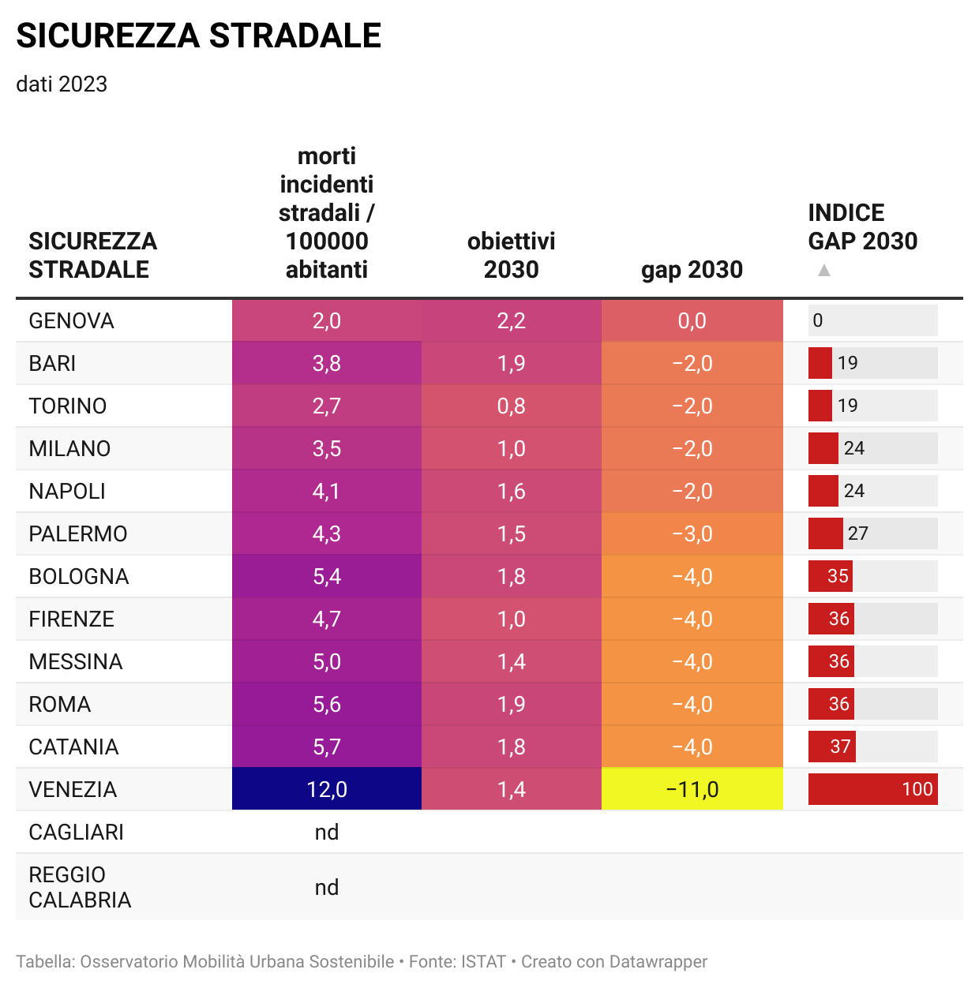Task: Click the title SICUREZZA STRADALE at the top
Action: pos(198,36)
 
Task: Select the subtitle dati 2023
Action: pos(62,84)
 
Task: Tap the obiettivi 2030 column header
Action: pos(511,255)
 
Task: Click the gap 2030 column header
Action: pos(692,270)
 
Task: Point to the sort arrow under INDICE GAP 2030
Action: pos(824,271)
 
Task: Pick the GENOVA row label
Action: pos(72,321)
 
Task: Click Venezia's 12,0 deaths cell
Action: pos(327,789)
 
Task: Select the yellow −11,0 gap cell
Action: pos(692,789)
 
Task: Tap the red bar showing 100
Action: pos(872,789)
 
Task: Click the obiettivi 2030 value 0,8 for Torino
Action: pos(511,406)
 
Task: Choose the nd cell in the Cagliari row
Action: pos(327,833)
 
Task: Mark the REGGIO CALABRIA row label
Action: pos(80,887)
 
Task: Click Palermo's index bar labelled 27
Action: pos(826,534)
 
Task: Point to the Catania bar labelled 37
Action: pos(831,747)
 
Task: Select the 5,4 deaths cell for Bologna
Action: pos(327,577)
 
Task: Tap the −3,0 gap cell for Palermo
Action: pos(692,534)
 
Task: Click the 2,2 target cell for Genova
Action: pos(511,321)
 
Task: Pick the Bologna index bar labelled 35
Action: pos(830,577)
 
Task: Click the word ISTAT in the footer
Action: pos(483,962)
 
